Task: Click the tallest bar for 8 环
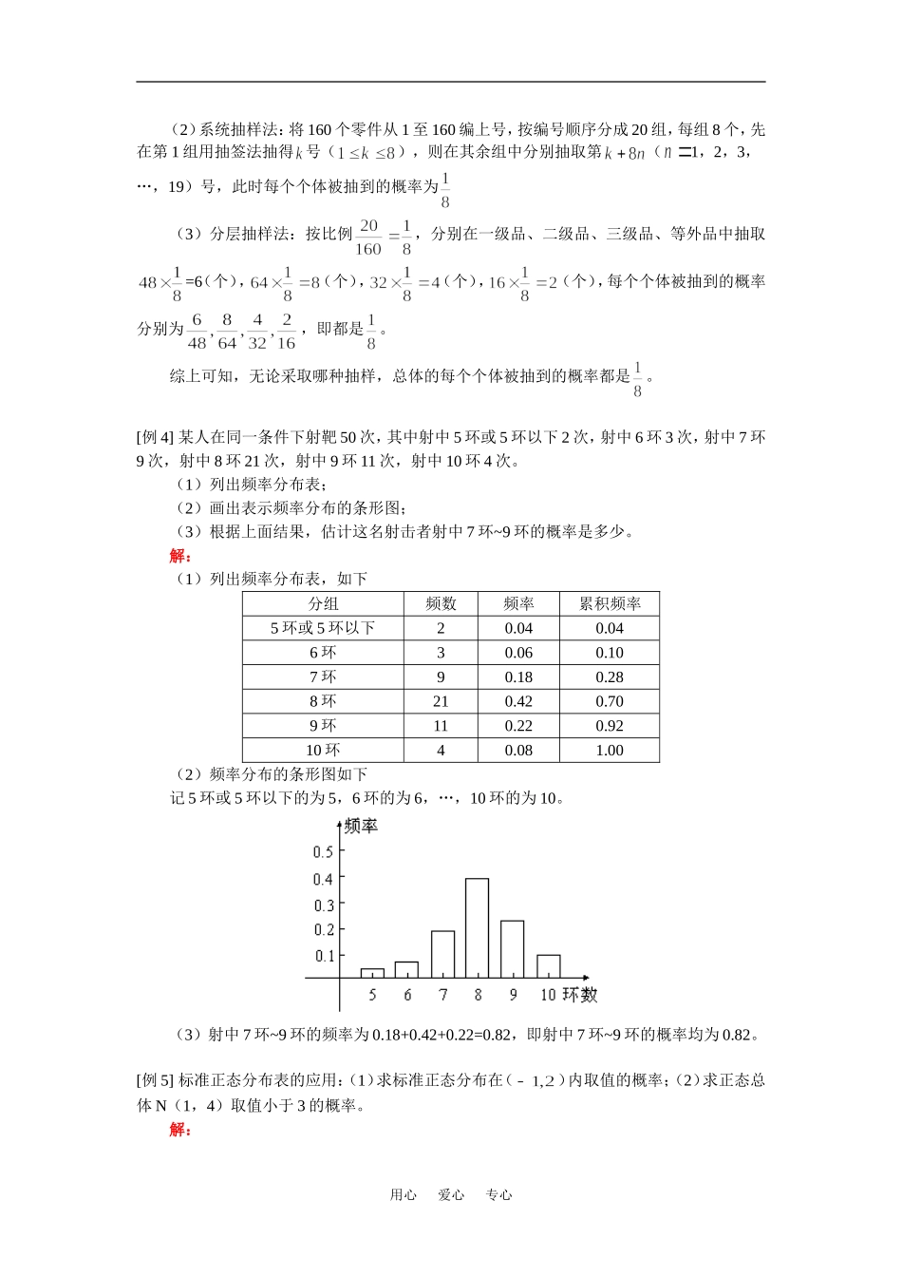477,928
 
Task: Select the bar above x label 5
372,973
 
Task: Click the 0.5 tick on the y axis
323,851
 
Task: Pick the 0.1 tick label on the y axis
323,955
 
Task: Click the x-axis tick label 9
513,995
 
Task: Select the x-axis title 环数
579,995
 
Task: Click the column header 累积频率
610,603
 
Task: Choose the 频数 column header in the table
441,603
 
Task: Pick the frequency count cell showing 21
441,701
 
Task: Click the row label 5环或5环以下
323,628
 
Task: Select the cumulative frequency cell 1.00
610,751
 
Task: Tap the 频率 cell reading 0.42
518,701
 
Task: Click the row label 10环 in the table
323,751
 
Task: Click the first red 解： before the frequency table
180,556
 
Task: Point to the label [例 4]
156,437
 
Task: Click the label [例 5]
156,1080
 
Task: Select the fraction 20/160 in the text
368,238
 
